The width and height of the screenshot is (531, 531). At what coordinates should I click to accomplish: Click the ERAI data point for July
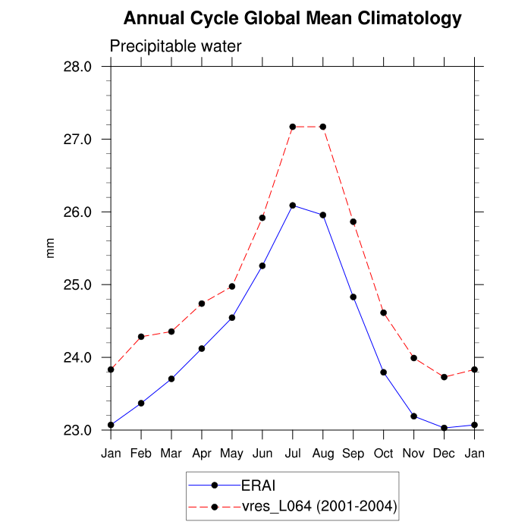click(293, 206)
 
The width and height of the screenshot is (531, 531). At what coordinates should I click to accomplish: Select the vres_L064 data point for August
click(323, 127)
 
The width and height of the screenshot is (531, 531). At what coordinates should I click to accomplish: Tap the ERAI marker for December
click(445, 428)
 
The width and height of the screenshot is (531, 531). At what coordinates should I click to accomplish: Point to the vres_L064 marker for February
click(141, 337)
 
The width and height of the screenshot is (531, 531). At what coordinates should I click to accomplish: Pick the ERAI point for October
click(384, 372)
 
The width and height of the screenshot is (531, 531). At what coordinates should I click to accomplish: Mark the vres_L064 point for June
click(262, 218)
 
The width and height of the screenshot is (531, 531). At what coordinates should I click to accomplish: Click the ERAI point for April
click(202, 349)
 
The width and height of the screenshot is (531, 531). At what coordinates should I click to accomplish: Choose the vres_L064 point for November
click(414, 358)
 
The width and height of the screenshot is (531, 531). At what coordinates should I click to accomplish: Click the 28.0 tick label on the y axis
click(76, 67)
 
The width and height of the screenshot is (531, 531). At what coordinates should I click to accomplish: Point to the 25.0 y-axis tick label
click(76, 285)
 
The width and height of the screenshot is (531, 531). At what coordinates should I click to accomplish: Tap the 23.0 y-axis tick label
click(76, 431)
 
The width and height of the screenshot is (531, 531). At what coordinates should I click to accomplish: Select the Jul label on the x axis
click(293, 454)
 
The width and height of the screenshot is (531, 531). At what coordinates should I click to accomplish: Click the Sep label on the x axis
click(353, 454)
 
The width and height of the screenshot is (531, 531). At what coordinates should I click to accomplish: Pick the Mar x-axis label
click(171, 454)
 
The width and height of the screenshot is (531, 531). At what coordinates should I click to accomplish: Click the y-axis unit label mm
click(51, 249)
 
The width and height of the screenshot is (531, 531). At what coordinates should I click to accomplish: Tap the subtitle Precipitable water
click(175, 46)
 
